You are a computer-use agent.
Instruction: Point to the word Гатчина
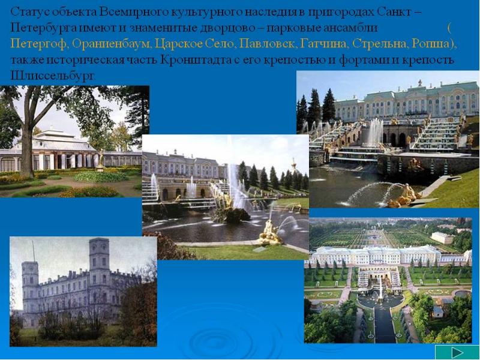point(324,44)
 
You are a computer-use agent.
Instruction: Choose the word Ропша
point(431,44)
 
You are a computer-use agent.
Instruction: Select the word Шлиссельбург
point(53,76)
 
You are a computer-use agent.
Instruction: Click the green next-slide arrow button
point(457,352)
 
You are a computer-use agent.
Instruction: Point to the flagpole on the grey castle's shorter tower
point(34,251)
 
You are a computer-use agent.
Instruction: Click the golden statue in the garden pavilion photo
point(100,159)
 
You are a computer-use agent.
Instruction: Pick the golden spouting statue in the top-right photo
point(404,197)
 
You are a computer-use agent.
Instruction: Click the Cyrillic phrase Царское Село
point(194,44)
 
